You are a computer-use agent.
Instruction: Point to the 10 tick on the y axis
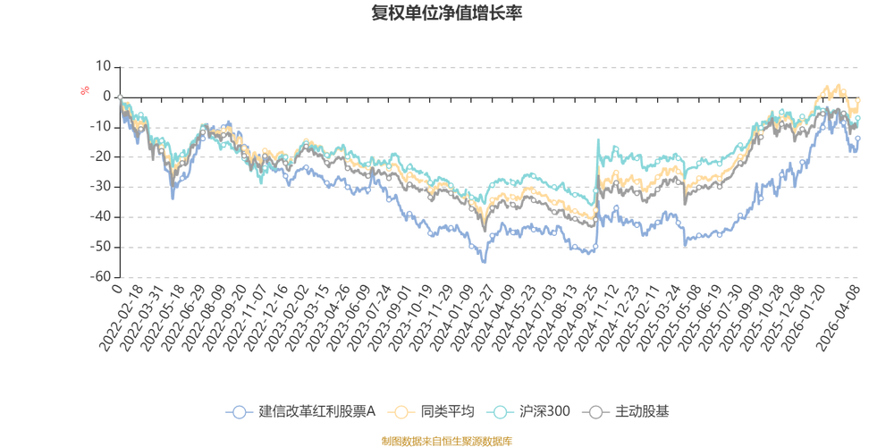[x=105, y=65]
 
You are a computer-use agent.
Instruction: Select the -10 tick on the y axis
[x=104, y=126]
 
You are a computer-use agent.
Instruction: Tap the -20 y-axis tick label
[x=104, y=156]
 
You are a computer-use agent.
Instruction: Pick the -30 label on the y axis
[x=104, y=187]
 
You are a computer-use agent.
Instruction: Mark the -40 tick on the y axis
[x=104, y=217]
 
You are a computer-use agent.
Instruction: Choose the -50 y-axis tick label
[x=104, y=248]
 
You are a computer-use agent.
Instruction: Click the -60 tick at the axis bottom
[x=104, y=277]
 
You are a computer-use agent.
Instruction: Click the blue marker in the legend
[x=240, y=411]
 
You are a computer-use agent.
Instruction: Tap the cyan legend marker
[x=502, y=411]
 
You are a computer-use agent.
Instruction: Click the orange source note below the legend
[x=446, y=440]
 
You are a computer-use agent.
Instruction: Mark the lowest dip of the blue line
[x=485, y=263]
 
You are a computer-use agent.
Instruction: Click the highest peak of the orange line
[x=839, y=86]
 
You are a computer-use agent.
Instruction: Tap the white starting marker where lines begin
[x=120, y=97]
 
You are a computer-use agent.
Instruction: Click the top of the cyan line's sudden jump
[x=598, y=141]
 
